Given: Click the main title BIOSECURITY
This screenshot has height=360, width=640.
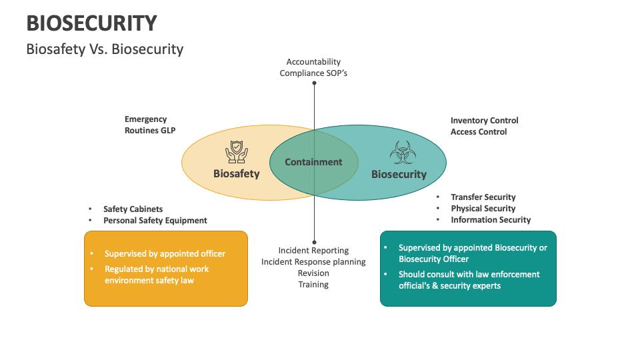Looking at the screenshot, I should coord(91,23).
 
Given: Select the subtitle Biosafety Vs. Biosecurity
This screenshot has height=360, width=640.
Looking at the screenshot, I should coord(105,49).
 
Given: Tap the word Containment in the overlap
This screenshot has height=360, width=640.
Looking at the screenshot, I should coord(313,162).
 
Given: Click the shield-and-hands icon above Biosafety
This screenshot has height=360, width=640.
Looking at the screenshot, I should coord(236,151).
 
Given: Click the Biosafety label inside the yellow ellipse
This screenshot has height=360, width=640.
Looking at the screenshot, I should coord(236,174).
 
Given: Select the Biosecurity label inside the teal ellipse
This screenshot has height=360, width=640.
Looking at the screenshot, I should coord(399,175).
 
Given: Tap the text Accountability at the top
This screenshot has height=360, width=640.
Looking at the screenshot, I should coord(313,62).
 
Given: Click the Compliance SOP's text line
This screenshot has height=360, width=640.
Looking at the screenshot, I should coord(313,73).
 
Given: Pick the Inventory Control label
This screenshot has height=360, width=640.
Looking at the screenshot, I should coord(484,121).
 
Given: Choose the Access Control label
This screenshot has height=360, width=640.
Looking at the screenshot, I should coord(479,132).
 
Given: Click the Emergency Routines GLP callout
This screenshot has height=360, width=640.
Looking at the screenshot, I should coord(150,125).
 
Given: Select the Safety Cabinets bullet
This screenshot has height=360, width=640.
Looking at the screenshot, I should coord(133,209).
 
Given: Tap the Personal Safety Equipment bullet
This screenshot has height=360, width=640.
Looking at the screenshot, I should coord(155,221).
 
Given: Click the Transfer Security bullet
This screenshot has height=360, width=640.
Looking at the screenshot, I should coord(483,197).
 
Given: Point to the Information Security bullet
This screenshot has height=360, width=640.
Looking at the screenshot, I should coord(491,220).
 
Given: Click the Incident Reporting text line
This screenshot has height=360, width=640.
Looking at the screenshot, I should coord(313,251).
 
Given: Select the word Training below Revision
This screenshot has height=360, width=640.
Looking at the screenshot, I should coord(313,285).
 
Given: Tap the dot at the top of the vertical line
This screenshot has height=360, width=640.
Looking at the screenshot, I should coord(314,83).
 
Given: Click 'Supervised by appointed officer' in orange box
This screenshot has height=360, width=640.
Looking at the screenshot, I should coord(165,254).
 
